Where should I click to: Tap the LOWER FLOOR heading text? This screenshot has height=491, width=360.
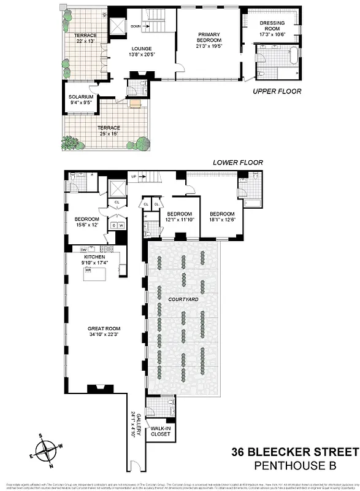[237, 163]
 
